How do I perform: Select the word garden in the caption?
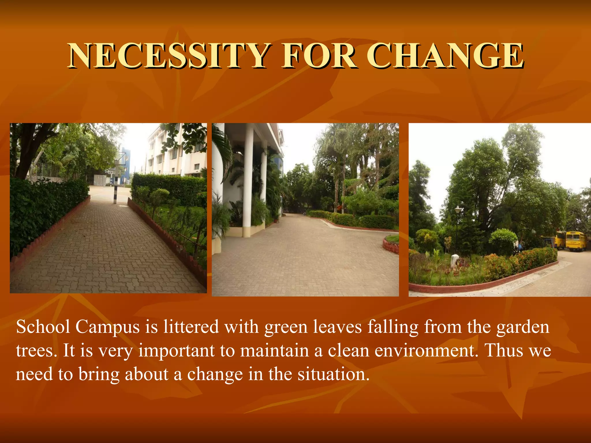tap(523, 328)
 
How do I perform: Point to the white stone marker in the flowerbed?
tap(455, 261)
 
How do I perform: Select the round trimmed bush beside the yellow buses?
tap(503, 241)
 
